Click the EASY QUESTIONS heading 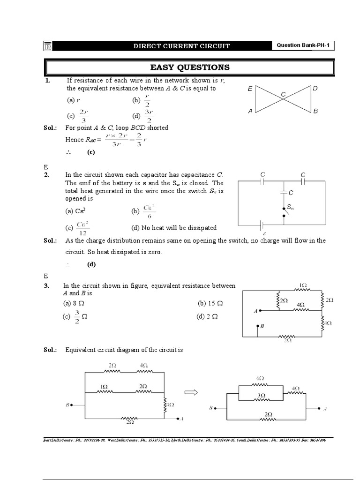click(x=189, y=67)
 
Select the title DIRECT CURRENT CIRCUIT click(x=181, y=46)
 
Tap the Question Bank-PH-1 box click(x=304, y=45)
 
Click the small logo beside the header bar click(x=48, y=46)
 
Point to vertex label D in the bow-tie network click(x=315, y=88)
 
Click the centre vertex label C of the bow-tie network click(x=283, y=95)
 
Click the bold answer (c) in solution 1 click(x=91, y=152)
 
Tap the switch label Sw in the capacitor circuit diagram click(x=291, y=207)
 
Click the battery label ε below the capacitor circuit click(x=264, y=232)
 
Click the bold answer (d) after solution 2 click(x=91, y=264)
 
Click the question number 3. click(x=47, y=285)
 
